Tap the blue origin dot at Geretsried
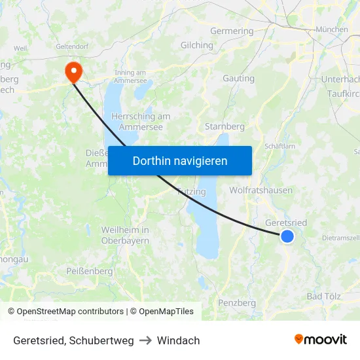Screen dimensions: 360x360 [287, 236]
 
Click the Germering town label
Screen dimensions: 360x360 [232, 31]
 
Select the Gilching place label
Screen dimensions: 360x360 [196, 45]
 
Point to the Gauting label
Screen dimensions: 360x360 [238, 79]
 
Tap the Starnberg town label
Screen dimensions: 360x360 [225, 126]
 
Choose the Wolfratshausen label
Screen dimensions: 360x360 [261, 190]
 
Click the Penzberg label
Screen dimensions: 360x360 [237, 303]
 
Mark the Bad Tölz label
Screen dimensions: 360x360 [324, 297]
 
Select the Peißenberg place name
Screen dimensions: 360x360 [89, 271]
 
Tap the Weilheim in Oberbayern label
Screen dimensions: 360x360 [125, 235]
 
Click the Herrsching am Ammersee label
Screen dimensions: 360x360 [141, 121]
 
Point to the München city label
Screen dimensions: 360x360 [332, 29]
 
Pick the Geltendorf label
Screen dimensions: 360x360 [72, 46]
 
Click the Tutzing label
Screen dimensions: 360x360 [192, 192]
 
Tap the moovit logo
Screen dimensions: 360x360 [320, 340]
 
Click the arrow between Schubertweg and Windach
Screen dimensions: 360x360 [145, 340]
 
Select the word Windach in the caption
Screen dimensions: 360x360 [178, 340]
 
